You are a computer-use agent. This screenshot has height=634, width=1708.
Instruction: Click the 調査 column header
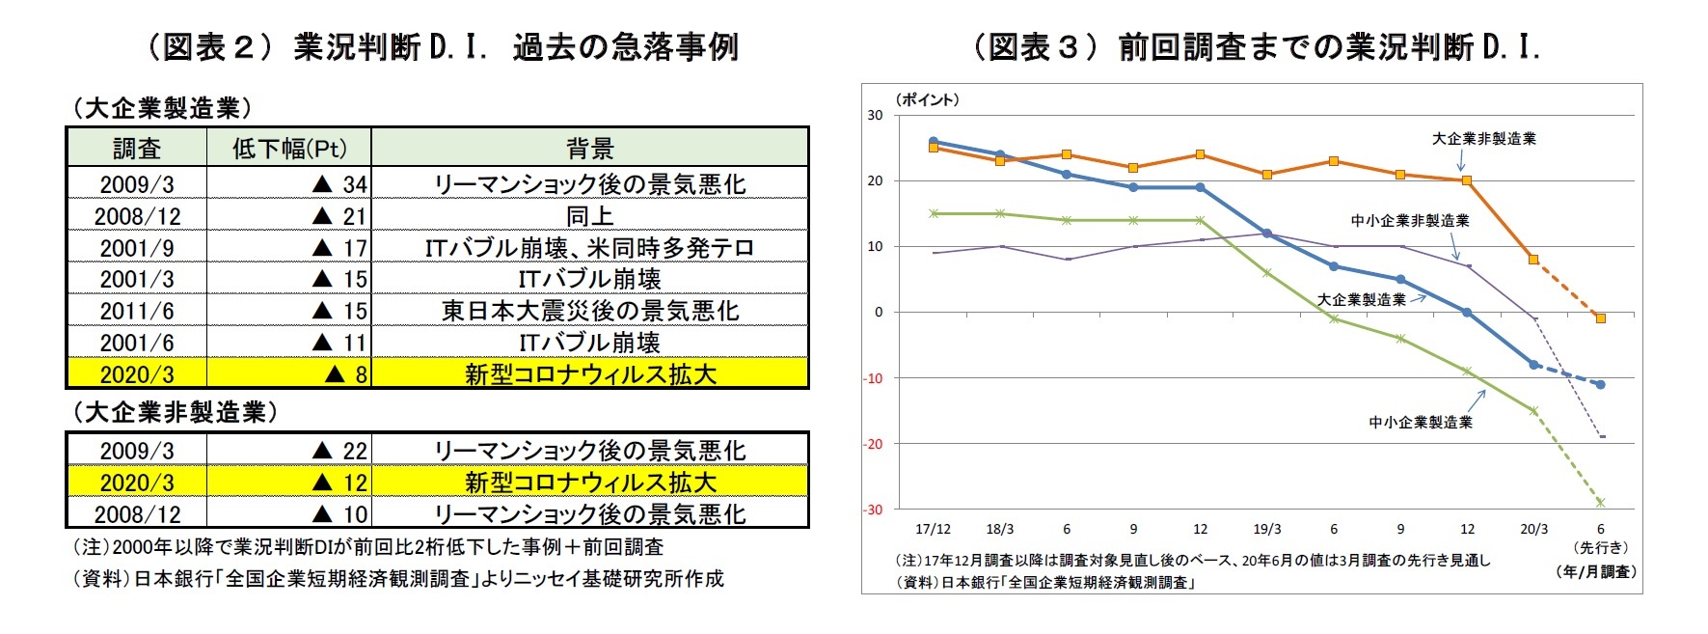(x=137, y=149)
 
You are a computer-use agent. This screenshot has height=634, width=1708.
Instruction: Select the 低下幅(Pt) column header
(x=288, y=149)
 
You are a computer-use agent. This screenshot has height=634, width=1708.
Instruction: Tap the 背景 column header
(x=589, y=149)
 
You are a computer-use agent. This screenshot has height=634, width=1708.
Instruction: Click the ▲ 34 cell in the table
(x=340, y=183)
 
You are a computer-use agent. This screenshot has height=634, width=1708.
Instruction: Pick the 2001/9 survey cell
(x=137, y=248)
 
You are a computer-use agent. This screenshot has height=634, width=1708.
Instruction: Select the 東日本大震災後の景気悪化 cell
(x=589, y=311)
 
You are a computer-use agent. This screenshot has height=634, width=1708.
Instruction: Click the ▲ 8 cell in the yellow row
(x=346, y=374)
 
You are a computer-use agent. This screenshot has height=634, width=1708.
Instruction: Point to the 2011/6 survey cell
(x=137, y=311)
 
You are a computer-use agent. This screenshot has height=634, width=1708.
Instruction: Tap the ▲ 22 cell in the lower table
(x=340, y=451)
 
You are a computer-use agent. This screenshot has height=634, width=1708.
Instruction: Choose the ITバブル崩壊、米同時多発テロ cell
(x=589, y=248)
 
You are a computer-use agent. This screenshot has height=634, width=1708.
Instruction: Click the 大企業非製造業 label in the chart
(x=1483, y=139)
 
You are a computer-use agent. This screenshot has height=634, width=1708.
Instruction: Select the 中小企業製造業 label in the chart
(x=1421, y=423)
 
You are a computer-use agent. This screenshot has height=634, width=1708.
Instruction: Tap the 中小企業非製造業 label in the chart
(x=1409, y=221)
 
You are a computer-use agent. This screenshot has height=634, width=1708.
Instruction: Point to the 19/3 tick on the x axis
(x=1266, y=530)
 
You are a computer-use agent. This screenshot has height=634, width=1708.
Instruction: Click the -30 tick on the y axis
(x=873, y=510)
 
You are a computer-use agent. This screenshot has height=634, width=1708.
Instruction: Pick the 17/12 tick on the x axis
(x=933, y=530)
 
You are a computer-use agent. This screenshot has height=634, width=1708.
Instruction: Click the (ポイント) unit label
(x=927, y=99)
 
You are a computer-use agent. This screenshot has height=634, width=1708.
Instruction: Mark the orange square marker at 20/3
(x=1533, y=259)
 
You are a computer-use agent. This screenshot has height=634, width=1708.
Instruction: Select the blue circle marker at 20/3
(x=1533, y=365)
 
